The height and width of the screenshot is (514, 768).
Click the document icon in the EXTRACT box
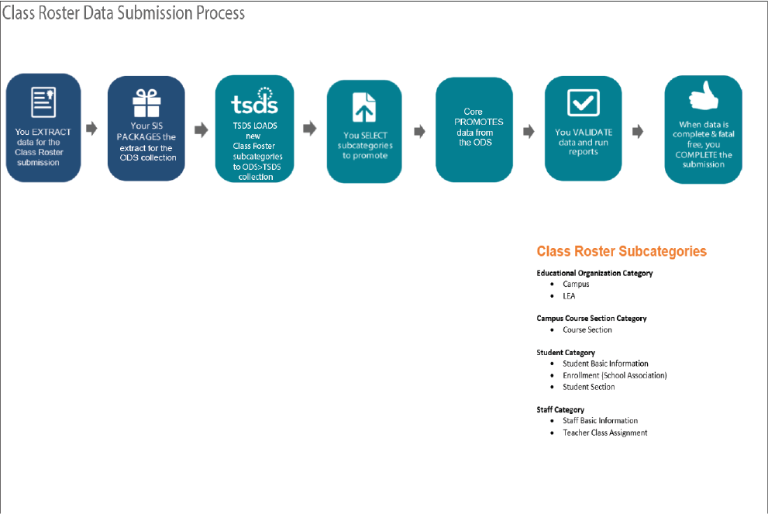coord(43,102)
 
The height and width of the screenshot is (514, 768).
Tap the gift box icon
coord(146,103)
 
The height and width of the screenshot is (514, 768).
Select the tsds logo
coord(255,101)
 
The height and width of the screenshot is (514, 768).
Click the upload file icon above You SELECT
coord(364,107)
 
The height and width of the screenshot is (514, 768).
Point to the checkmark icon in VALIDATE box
coord(584,102)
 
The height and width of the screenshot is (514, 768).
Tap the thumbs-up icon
coord(704,95)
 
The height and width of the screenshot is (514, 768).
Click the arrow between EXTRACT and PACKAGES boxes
coord(91,129)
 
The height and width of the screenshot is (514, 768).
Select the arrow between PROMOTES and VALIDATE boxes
coord(529,131)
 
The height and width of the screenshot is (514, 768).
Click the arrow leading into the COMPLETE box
coord(638,131)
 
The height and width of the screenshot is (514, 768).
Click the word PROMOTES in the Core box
coord(478,122)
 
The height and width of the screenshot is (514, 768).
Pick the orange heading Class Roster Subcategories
coord(622,251)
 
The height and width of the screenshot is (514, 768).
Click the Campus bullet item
coord(576,285)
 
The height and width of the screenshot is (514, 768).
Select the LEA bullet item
coord(569,296)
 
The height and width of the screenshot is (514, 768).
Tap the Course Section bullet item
coord(587,329)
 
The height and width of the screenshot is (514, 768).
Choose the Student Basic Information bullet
coord(605,364)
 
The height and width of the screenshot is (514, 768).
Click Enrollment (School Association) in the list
coord(615,375)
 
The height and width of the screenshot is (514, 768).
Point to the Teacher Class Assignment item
coord(605,433)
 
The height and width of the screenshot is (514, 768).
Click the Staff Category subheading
coord(560,409)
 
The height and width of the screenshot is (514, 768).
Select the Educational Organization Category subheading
coord(594,273)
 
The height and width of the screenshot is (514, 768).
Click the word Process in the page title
coord(220,12)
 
